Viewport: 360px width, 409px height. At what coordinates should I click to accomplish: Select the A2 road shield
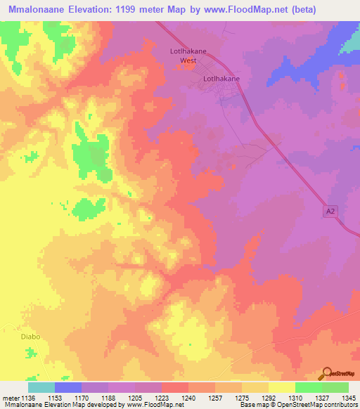pos(332,210)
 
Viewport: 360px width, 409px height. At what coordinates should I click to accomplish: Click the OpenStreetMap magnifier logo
pos(326,372)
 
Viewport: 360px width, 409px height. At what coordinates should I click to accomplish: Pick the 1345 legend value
pos(348,398)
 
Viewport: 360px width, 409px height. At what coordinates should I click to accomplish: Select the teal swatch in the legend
pos(41,387)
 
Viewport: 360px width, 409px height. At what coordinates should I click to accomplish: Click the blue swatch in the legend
pos(68,387)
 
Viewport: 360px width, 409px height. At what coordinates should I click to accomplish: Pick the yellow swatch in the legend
pos(282,387)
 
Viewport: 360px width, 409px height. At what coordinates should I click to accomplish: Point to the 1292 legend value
pos(269,398)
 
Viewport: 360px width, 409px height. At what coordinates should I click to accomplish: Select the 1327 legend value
pos(322,398)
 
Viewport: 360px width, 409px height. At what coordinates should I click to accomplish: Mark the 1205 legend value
pos(135,398)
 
